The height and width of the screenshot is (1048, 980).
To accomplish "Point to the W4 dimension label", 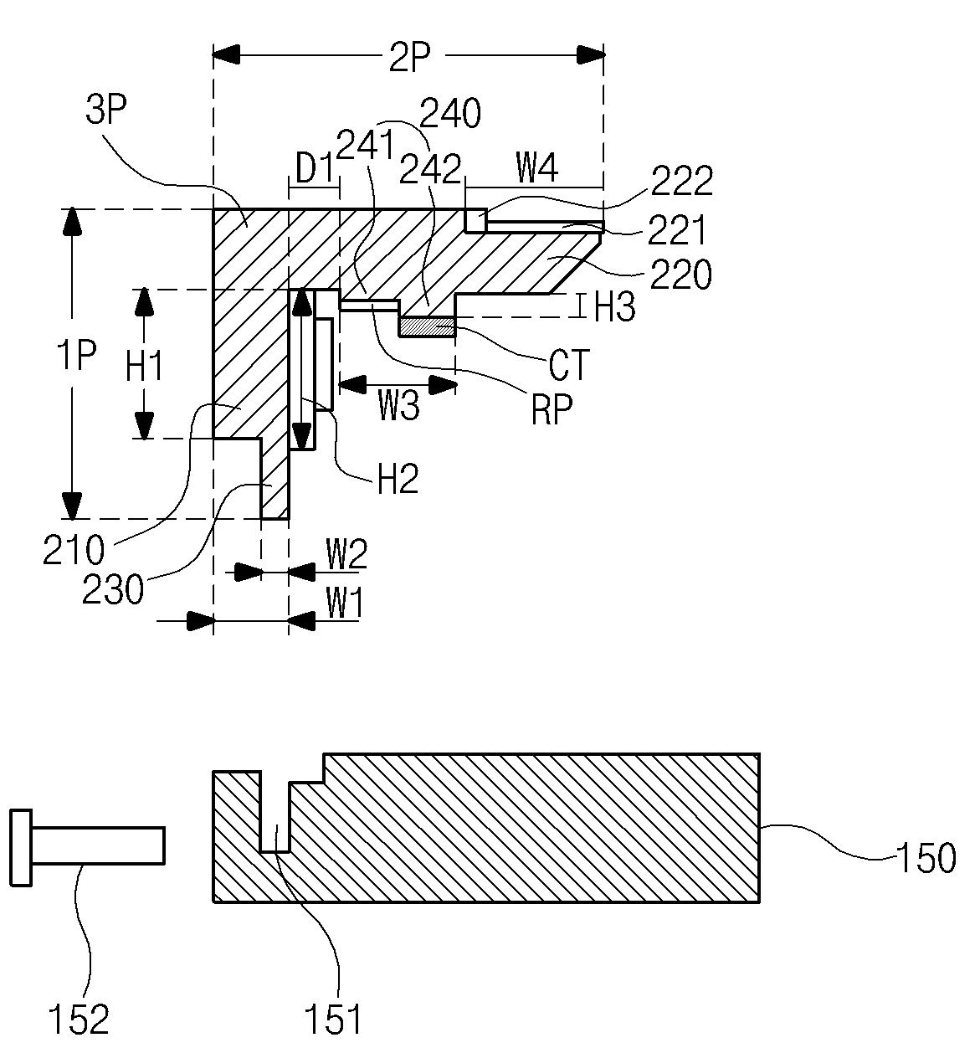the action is click(x=536, y=167).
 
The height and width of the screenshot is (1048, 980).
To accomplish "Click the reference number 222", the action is click(x=682, y=181).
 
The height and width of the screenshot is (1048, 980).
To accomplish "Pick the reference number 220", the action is click(x=681, y=275).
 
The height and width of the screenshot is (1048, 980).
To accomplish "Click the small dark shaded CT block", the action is click(x=427, y=327).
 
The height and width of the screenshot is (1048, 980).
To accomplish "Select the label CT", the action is click(x=568, y=365).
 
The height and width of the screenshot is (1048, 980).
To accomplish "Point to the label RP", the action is click(x=552, y=409).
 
